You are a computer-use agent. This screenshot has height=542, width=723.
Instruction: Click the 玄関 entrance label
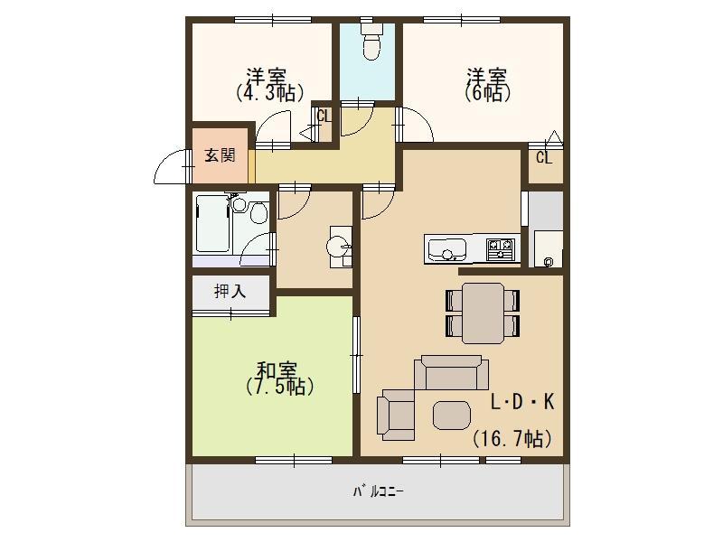(220, 155)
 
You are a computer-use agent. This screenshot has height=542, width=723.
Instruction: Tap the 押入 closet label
(230, 291)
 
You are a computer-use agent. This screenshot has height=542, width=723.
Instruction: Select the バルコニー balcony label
(379, 491)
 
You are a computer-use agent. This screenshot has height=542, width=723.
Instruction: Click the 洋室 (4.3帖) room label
(269, 85)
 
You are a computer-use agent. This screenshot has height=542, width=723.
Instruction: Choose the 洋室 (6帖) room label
(487, 85)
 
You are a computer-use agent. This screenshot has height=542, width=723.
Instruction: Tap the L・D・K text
(522, 402)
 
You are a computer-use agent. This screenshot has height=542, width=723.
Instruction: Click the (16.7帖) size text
(512, 438)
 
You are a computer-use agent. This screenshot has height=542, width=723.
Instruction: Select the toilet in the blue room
(371, 41)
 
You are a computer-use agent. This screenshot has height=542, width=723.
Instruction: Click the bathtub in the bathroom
(213, 223)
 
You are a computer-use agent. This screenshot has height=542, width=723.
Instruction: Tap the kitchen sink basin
(446, 249)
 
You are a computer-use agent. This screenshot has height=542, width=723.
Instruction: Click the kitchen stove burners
(501, 249)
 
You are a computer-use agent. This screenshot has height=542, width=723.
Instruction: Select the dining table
(483, 313)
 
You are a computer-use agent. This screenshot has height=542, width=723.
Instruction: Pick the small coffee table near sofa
(451, 415)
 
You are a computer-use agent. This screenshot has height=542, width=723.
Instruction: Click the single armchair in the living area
(396, 415)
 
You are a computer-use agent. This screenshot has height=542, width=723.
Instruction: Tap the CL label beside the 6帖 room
(544, 158)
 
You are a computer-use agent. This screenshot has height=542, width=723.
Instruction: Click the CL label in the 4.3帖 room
(324, 116)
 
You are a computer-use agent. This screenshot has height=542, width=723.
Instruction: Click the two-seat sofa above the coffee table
(451, 372)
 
